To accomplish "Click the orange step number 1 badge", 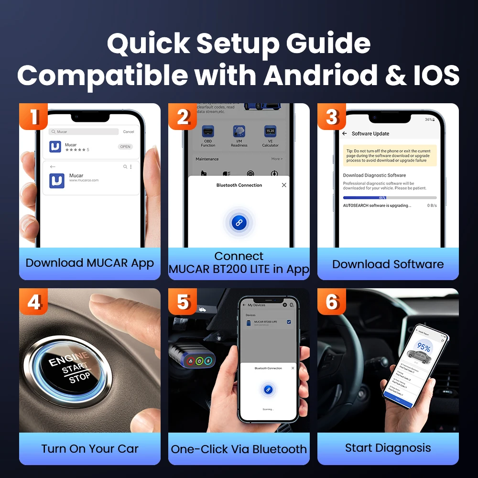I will [x=33, y=117].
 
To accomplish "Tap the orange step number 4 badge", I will [x=33, y=302].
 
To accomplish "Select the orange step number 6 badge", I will [x=332, y=302].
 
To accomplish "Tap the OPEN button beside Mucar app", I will [x=125, y=147].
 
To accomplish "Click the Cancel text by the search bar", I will [x=129, y=131].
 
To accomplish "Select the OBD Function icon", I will [x=208, y=132].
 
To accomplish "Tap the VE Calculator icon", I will [x=270, y=131].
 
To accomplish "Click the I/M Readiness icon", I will [x=239, y=132].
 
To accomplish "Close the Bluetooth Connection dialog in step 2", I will [x=284, y=185].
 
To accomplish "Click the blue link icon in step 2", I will [x=239, y=222].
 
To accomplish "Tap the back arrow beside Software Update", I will [x=345, y=134].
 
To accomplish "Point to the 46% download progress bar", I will [x=390, y=197].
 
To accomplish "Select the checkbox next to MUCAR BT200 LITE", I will [x=289, y=323].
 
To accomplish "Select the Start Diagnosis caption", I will [x=388, y=448].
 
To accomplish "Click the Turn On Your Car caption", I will [x=89, y=449].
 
